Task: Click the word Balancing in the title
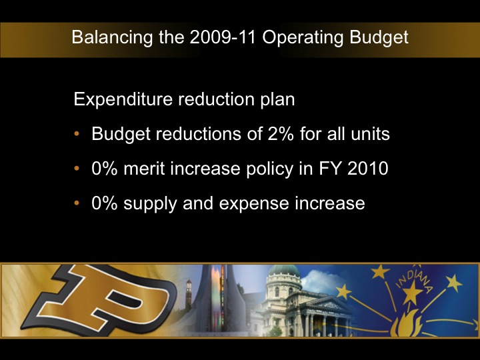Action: (x=107, y=37)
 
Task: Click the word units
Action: (x=370, y=134)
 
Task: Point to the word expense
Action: (x=257, y=203)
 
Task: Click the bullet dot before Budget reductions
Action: (x=78, y=135)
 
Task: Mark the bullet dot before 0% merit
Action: (x=78, y=169)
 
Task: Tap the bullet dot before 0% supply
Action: (x=78, y=204)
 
